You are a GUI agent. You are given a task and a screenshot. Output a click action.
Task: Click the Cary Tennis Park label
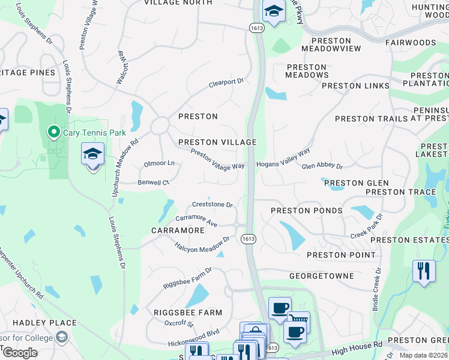[88, 131]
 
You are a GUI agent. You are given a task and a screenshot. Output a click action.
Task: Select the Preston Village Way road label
[217, 159]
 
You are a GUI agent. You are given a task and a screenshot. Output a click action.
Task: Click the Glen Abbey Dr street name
[322, 166]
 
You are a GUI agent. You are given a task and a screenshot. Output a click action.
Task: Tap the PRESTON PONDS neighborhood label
[306, 211]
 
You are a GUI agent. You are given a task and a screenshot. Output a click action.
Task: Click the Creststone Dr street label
[212, 205]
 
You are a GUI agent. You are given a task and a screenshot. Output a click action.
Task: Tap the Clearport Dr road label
[226, 82]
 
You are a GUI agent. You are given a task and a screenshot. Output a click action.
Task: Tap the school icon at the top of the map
[274, 11]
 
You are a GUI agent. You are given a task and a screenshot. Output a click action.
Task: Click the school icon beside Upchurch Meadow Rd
[92, 154]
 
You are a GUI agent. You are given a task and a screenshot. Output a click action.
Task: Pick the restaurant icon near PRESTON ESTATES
[424, 271]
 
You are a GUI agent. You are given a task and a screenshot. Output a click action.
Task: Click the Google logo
[20, 353]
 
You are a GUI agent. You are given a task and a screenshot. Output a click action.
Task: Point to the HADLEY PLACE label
[38, 323]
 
